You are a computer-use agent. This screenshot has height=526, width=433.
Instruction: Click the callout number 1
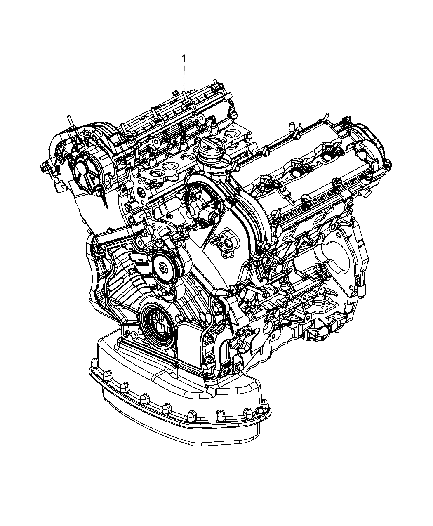[x=184, y=59]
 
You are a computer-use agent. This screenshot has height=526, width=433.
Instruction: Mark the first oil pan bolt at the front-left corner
[x=93, y=363]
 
